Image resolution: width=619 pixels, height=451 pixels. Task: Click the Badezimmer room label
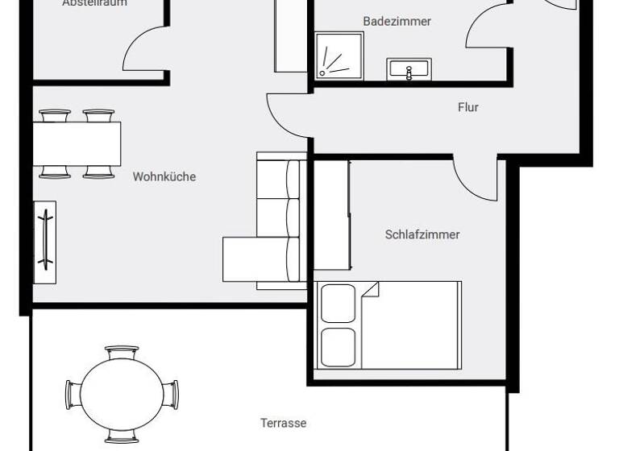(397, 21)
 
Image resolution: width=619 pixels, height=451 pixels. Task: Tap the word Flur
(467, 107)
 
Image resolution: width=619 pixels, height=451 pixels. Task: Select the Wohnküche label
(164, 176)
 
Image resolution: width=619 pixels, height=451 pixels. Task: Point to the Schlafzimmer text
(422, 234)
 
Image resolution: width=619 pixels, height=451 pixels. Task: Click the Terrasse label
(283, 423)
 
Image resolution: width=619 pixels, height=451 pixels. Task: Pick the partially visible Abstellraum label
(94, 3)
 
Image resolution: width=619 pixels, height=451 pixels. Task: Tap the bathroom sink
(409, 69)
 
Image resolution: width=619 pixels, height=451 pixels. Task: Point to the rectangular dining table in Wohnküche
(77, 143)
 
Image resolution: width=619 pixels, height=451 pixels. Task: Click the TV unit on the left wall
(45, 242)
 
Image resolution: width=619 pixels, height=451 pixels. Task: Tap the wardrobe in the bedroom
(331, 215)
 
